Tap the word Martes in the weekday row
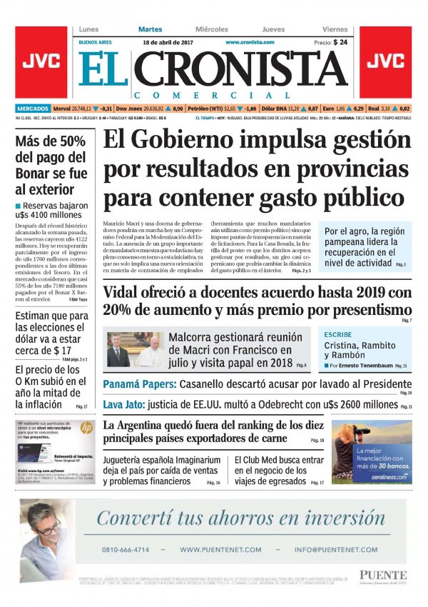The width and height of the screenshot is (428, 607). (150, 29)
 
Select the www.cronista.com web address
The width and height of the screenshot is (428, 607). (250, 42)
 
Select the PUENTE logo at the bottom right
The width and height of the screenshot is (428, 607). (383, 575)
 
